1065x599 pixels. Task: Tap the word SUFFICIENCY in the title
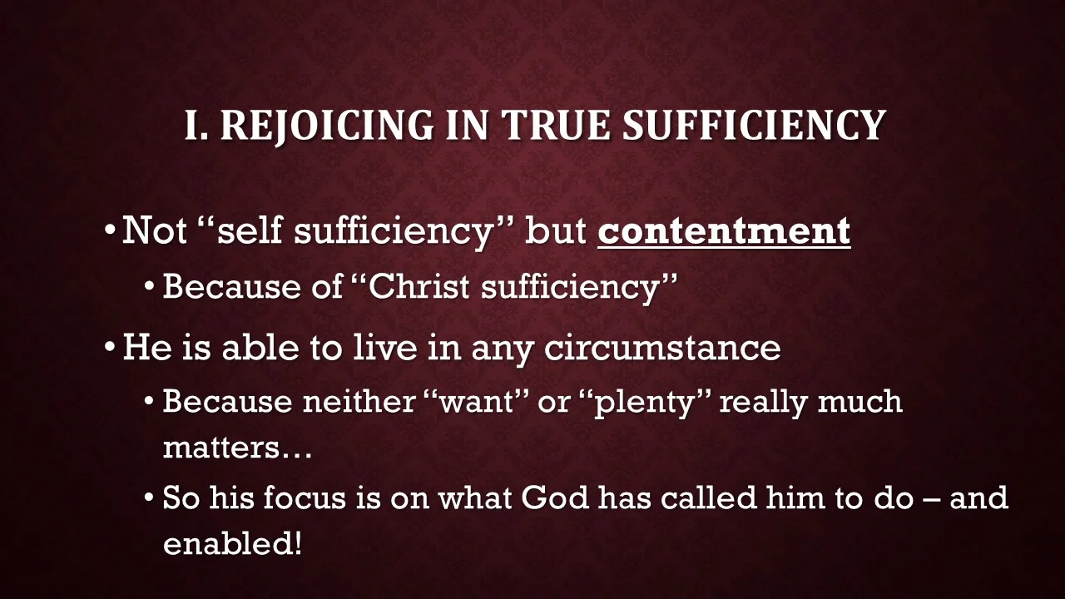754,125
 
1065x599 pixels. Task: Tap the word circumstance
662,347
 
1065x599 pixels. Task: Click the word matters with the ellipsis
237,448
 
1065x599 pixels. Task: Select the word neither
357,402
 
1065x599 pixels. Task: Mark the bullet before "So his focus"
150,498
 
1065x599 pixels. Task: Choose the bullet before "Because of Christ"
150,287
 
